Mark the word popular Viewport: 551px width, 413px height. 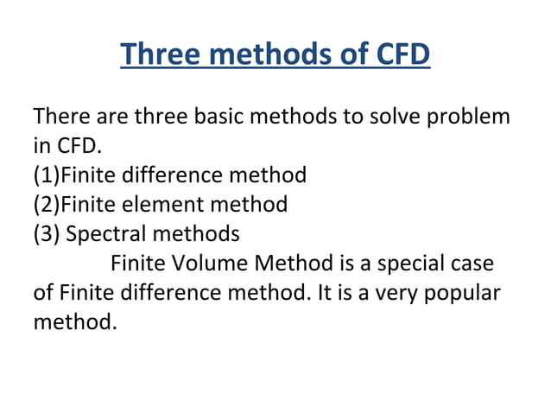click(x=461, y=293)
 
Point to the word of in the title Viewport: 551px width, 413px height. click(x=351, y=54)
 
